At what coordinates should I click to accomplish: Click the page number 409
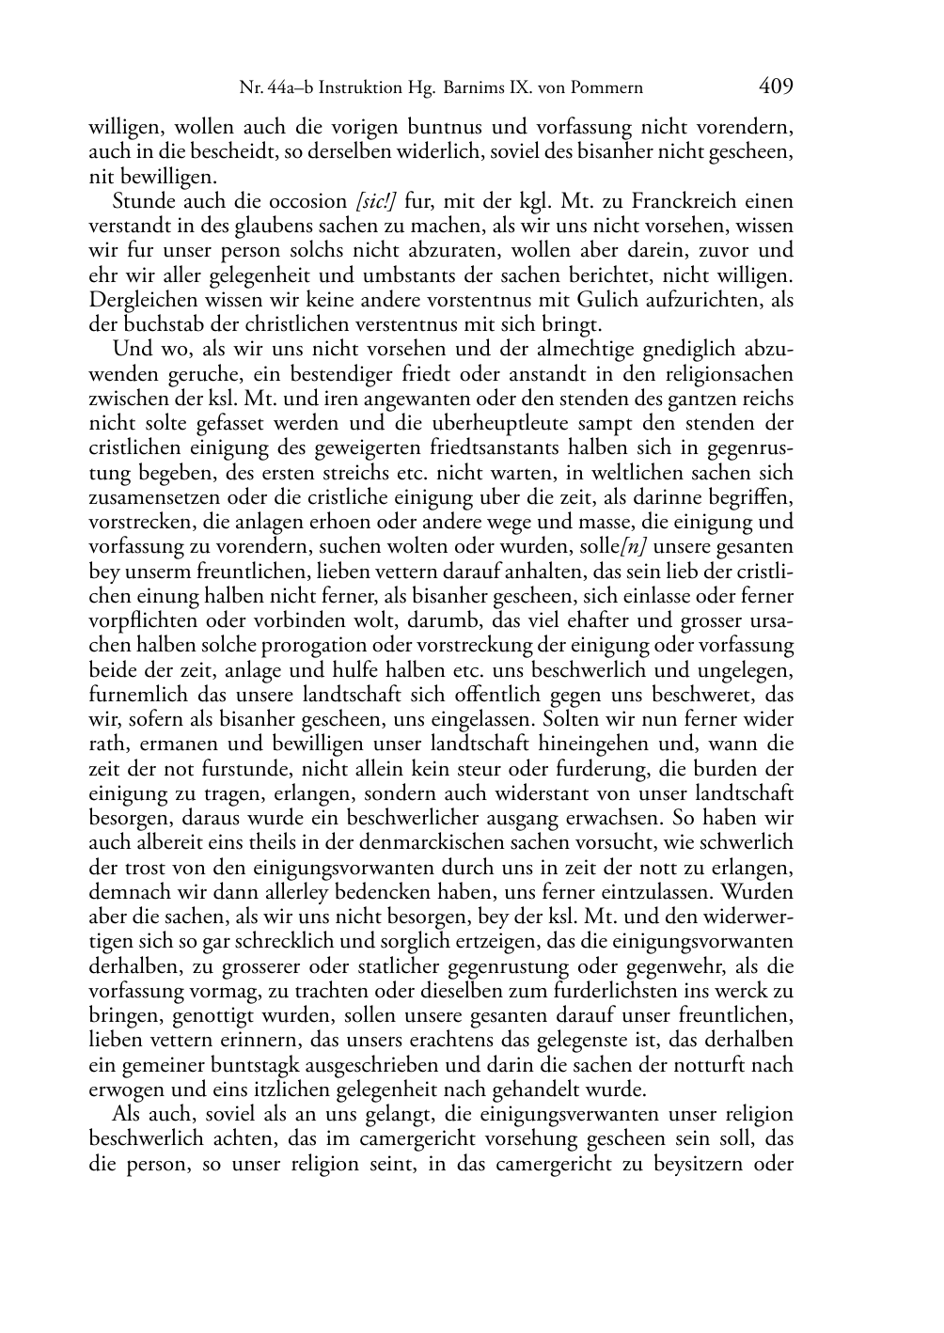click(x=776, y=87)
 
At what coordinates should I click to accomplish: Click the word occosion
click(x=305, y=201)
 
